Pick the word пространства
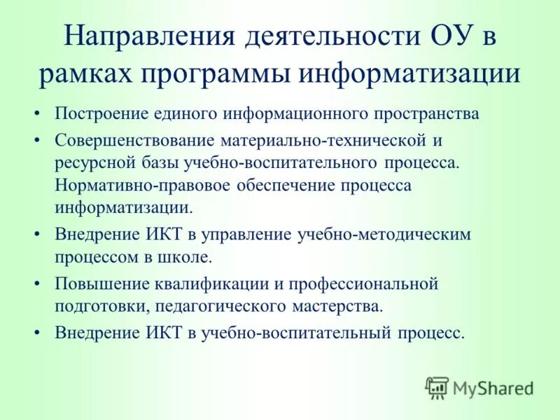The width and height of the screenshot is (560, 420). coord(430,114)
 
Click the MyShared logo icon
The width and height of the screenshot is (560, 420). coord(437,387)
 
